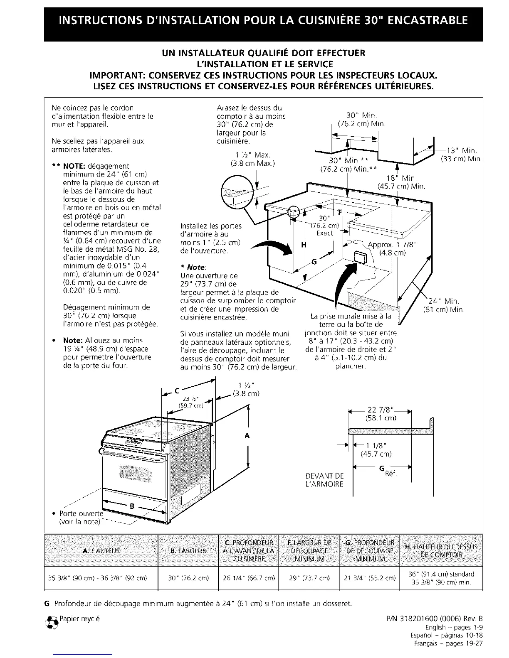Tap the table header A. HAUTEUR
[x=101, y=551]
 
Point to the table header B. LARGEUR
[x=188, y=551]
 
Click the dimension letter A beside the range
[x=247, y=436]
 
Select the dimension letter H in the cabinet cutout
[x=304, y=244]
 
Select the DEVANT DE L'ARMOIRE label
[x=324, y=480]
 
